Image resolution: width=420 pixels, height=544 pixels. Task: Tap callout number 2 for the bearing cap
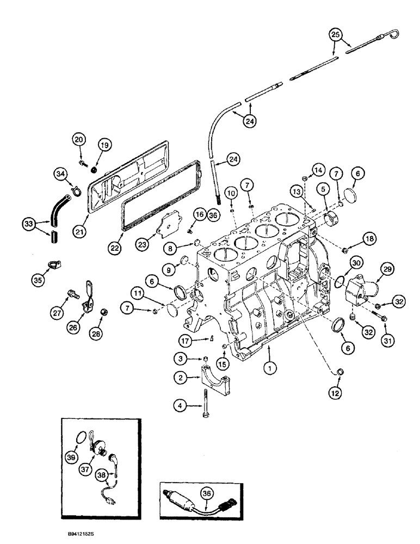180,376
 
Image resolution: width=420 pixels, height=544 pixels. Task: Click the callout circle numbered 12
338,392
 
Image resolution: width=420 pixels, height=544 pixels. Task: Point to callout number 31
385,328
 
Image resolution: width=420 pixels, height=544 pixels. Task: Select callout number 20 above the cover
79,140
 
